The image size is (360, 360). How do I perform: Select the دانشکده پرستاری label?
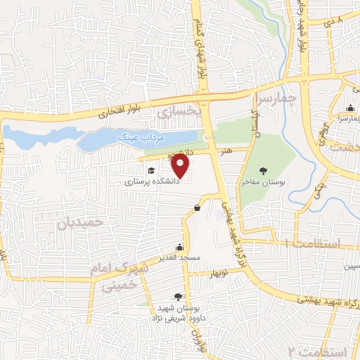[153, 181]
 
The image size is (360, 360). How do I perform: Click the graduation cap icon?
[150, 170]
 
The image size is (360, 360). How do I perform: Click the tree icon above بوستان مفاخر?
[264, 170]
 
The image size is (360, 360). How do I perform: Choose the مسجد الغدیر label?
[180, 257]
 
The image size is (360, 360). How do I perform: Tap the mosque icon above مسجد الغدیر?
[180, 247]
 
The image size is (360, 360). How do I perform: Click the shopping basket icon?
[197, 207]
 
